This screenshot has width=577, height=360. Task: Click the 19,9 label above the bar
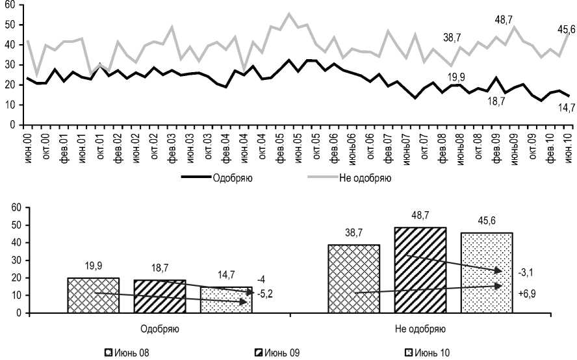click(94, 265)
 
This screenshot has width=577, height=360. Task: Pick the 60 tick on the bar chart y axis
click(16, 207)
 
